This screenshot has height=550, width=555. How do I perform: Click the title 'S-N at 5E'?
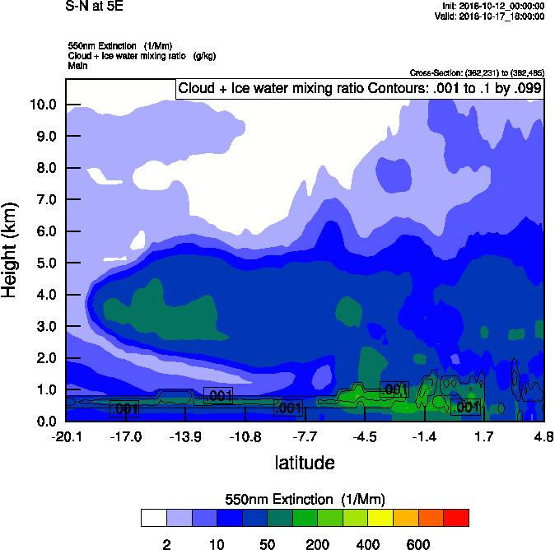pyautogui.click(x=95, y=7)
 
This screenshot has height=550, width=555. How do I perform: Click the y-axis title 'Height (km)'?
pyautogui.click(x=11, y=250)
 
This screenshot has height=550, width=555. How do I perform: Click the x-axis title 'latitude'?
pyautogui.click(x=305, y=463)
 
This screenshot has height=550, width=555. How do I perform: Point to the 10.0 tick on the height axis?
pyautogui.click(x=42, y=105)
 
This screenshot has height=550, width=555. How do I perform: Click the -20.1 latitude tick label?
pyautogui.click(x=66, y=436)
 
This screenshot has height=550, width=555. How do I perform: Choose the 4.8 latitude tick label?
pyautogui.click(x=543, y=436)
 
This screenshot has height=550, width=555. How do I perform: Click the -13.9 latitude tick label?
pyautogui.click(x=186, y=436)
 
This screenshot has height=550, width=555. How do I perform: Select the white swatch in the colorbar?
pyautogui.click(x=153, y=517)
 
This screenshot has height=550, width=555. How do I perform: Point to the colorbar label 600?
pyautogui.click(x=418, y=544)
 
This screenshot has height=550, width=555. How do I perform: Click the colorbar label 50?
pyautogui.click(x=267, y=544)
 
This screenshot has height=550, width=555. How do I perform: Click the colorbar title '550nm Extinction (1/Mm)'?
pyautogui.click(x=305, y=499)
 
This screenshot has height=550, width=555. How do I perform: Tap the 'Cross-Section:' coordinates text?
pyautogui.click(x=476, y=73)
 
